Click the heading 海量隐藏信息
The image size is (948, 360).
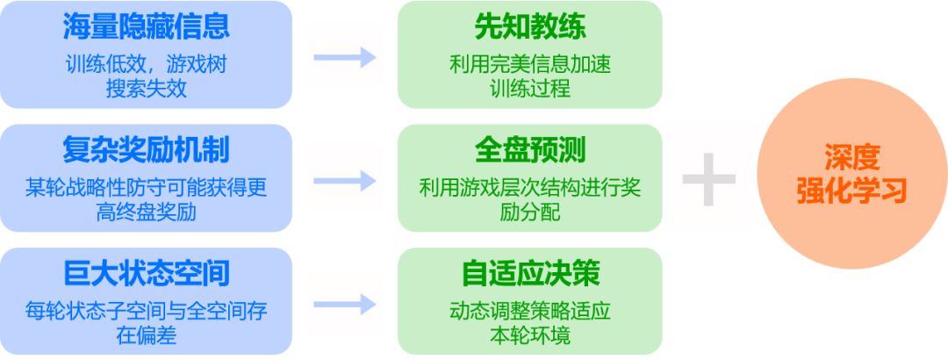146,27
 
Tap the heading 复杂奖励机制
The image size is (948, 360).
146,150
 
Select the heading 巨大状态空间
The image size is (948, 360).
146,273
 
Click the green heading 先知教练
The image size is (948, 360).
529,27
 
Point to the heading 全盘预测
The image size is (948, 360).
529,150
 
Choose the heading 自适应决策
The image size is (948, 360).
529,273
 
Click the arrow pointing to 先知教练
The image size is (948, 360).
344,58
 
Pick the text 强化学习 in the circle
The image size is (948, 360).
851,192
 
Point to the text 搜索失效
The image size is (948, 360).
146,88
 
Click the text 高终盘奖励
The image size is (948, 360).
146,212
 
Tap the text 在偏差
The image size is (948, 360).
146,335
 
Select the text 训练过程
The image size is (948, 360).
529,88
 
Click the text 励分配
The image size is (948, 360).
529,212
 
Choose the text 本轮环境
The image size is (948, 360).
529,335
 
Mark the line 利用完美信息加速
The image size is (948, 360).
529,64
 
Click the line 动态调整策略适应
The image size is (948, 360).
529,311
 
